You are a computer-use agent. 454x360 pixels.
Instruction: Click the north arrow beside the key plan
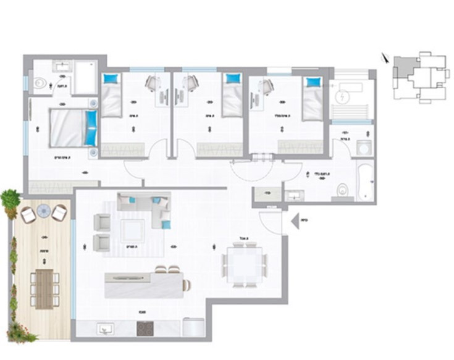click(x=385, y=59)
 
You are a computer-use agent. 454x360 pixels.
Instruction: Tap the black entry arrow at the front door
click(x=294, y=218)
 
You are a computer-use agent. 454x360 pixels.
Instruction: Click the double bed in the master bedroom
click(x=70, y=128)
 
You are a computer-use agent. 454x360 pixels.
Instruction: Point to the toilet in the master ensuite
click(x=39, y=82)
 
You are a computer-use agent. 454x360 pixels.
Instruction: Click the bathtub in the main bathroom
click(x=364, y=182)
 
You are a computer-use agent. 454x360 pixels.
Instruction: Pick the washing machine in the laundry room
click(x=363, y=148)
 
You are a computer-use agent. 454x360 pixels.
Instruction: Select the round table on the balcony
click(x=43, y=211)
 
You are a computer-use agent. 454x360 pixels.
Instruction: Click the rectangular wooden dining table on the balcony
click(x=43, y=288)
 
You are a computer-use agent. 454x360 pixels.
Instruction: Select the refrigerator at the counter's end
click(x=194, y=327)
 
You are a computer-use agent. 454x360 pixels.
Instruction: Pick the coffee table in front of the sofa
click(x=133, y=230)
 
